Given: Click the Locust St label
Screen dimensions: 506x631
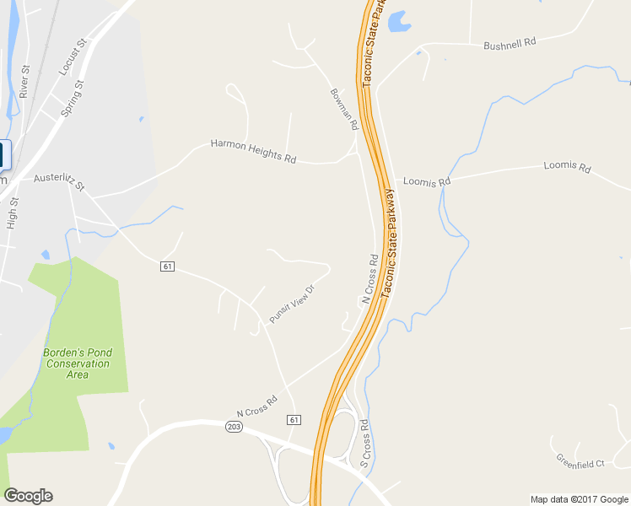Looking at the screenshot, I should coord(73,57).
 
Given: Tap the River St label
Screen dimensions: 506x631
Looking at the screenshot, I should coord(24,81).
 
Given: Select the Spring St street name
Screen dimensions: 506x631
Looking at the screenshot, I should coord(73,98).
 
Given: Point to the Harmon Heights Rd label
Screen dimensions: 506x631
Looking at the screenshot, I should coord(253,151).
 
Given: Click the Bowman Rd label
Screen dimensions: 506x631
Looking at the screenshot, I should coord(344,108).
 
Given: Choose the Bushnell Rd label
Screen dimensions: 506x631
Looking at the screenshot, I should coord(510,42).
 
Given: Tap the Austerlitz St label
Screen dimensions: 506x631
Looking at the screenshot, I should coord(59,181).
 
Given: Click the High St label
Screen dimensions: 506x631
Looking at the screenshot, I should coord(13,213).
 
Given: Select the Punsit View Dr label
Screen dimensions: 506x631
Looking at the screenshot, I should coord(292,304).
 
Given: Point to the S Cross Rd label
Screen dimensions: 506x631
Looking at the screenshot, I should coord(364,444).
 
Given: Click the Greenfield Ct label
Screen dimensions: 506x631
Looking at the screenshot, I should coord(580,461).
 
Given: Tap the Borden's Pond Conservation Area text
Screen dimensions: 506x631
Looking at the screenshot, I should coord(78,363).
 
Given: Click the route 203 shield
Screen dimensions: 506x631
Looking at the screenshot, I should coord(234,428).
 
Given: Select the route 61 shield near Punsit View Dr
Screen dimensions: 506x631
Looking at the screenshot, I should coord(168,266).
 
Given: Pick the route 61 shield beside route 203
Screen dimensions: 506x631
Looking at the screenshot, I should coord(294,419).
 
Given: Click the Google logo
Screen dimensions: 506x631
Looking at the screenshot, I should coord(28,496).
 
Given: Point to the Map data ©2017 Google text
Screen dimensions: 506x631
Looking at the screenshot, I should coord(580,499).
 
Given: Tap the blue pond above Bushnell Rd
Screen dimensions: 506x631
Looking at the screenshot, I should coord(396,20).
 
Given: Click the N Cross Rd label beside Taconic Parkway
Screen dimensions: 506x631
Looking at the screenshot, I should coord(369,278).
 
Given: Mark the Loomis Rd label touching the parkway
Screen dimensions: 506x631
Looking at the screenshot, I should coord(427,180).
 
